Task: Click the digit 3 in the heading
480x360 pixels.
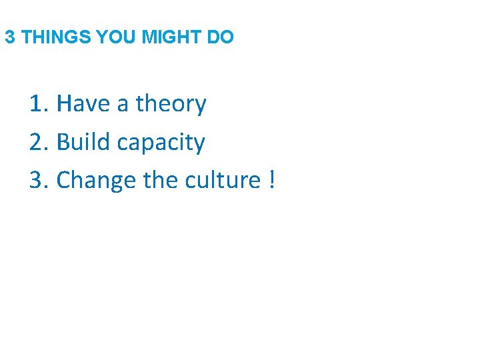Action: [9, 37]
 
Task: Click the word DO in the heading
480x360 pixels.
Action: [221, 37]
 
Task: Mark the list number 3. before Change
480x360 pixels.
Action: [37, 180]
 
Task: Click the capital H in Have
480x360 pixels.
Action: [64, 104]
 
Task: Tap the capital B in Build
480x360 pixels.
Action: [63, 142]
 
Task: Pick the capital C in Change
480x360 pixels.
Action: [64, 180]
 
